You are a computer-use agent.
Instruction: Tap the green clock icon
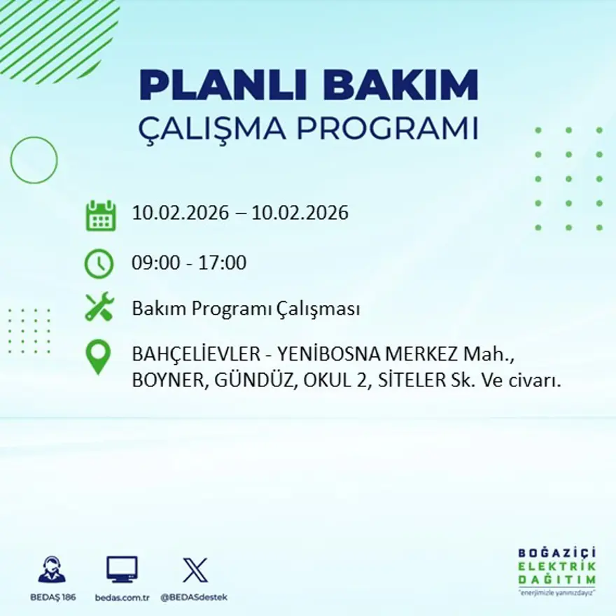point(99,264)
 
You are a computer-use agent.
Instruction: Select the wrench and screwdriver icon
point(99,308)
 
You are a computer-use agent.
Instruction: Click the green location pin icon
point(99,356)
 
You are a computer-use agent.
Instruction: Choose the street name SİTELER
point(409,381)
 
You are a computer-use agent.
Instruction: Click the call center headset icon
point(52,570)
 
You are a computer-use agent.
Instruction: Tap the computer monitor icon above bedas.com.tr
point(122,570)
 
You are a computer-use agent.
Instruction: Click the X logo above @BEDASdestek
point(195,570)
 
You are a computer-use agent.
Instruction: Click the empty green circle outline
point(34,160)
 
